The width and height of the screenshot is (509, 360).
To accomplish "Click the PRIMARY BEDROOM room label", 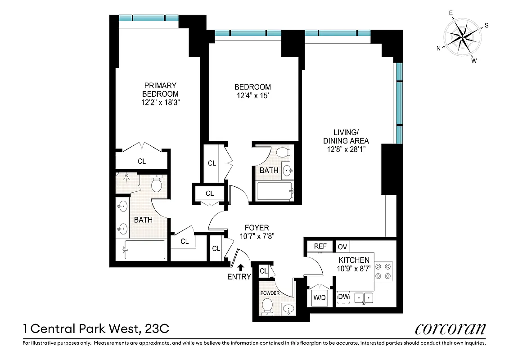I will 160,90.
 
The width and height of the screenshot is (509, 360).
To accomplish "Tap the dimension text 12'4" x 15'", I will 252,95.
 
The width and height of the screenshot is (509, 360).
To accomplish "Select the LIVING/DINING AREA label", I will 346,136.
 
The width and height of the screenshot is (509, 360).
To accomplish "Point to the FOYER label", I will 257,228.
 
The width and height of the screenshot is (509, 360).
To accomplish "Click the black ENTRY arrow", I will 241,267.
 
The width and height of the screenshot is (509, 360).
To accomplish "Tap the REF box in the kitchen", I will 320,246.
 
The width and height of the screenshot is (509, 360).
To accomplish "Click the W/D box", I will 320,297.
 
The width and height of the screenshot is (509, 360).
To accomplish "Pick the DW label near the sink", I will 343,297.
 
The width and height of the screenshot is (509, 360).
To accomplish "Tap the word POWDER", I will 270,293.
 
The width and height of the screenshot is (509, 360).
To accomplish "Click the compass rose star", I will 463,36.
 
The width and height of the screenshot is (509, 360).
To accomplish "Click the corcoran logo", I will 450,328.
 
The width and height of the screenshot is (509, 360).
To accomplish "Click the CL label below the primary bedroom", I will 142,161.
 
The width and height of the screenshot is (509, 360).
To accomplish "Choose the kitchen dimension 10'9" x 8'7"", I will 354,268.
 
